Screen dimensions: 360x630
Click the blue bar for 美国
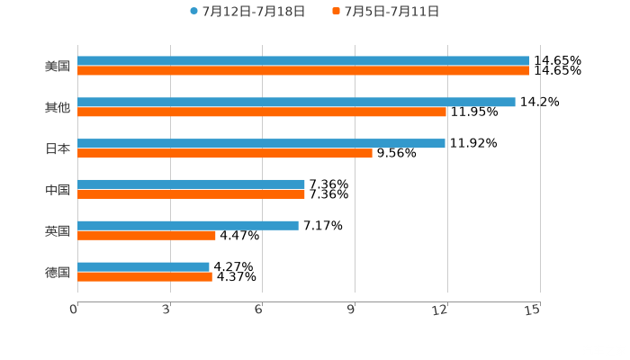(303, 61)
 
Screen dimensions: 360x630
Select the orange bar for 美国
(303, 71)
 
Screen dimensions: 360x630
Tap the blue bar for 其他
(296, 103)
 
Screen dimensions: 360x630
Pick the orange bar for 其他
(262, 112)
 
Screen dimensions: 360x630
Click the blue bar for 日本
(261, 143)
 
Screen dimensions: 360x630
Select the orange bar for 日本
(225, 153)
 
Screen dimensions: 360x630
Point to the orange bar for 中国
(191, 194)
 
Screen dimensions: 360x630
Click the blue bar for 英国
(188, 225)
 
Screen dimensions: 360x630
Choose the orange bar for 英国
(147, 235)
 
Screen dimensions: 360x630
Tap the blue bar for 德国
(143, 266)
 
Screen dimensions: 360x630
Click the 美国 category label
(58, 67)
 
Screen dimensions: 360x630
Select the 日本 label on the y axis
(58, 148)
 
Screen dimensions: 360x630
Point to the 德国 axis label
(58, 272)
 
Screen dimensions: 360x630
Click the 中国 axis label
(58, 190)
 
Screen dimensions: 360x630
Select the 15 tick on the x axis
(533, 310)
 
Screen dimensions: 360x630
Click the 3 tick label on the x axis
(166, 310)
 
